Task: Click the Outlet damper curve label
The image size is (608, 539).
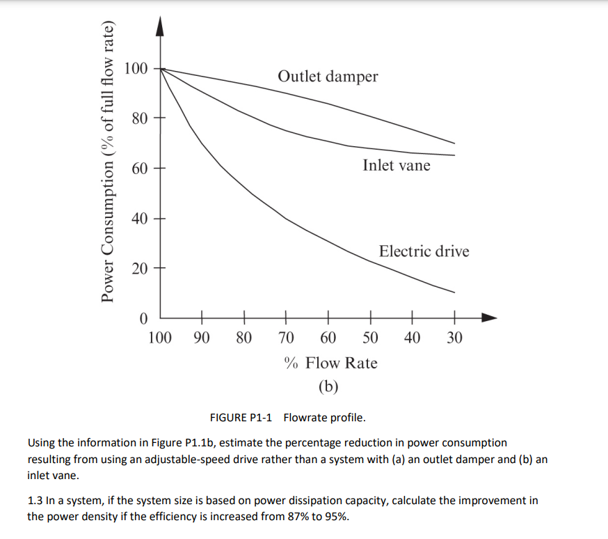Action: [328, 76]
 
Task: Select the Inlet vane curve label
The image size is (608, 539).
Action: [396, 165]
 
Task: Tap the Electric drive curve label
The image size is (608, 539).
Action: [424, 251]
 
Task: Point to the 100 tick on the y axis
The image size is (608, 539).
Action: [136, 68]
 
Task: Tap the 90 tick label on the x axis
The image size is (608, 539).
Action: [202, 338]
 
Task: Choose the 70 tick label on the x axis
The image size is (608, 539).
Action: [285, 338]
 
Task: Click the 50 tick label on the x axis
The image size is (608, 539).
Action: [370, 338]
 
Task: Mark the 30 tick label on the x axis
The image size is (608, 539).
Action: [454, 338]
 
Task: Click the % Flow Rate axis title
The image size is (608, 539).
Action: [330, 363]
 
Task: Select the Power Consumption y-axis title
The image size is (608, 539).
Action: [107, 163]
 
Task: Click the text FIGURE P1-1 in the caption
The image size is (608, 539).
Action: [241, 418]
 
